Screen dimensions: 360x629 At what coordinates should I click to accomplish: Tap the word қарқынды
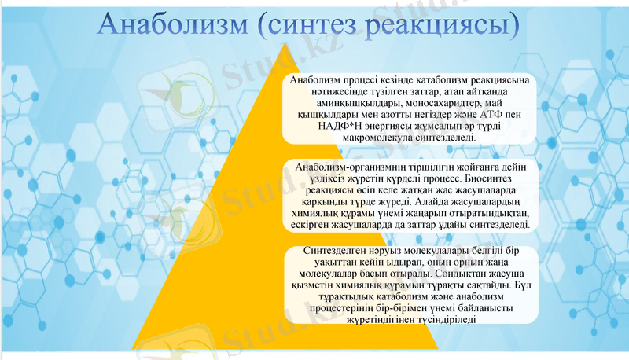310,201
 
